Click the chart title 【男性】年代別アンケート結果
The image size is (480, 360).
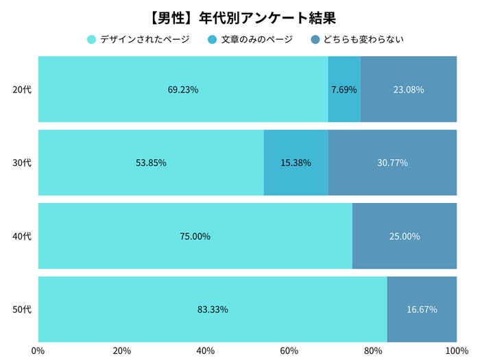click(240, 16)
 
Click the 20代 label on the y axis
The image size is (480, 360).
click(23, 89)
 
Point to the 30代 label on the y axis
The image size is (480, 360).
click(23, 163)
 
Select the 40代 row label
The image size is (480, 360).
click(23, 236)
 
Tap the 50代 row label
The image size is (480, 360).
click(23, 309)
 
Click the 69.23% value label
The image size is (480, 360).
click(182, 89)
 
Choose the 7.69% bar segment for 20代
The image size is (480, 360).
click(344, 89)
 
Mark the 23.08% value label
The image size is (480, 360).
click(408, 89)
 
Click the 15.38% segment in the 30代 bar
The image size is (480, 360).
click(296, 163)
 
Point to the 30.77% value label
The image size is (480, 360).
click(392, 163)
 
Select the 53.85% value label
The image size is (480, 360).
click(151, 163)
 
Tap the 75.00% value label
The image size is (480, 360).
click(195, 236)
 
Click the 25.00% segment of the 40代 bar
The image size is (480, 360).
click(405, 236)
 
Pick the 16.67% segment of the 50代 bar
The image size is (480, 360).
click(422, 309)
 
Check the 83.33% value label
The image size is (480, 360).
click(213, 309)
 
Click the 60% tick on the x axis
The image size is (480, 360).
click(289, 350)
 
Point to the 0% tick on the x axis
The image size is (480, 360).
click(38, 350)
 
